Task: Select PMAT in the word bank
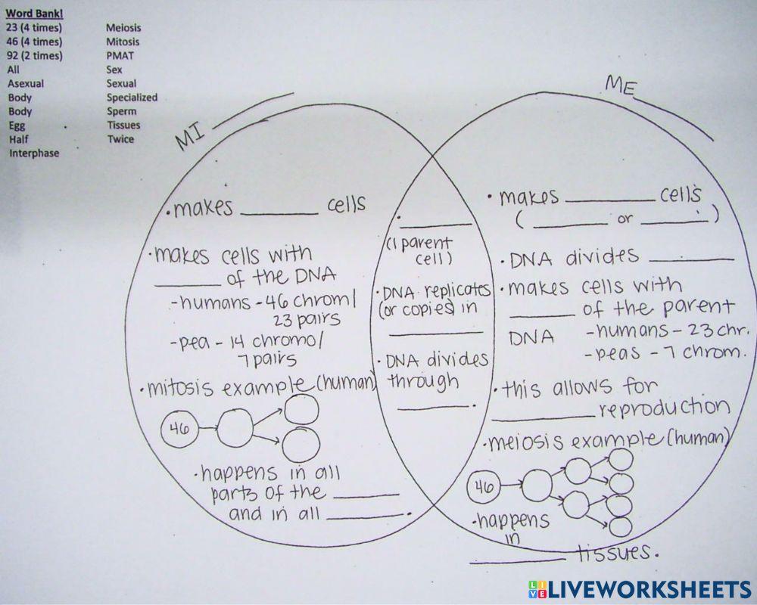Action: [120, 55]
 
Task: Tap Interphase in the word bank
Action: [34, 153]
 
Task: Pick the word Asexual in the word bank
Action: [26, 83]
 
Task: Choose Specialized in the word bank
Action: [132, 98]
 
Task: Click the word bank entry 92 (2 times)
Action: [35, 55]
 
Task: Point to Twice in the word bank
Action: [120, 139]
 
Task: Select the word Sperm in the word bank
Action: [122, 111]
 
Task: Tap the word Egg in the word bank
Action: [17, 126]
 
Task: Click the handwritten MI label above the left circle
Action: [189, 136]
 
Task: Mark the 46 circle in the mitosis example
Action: [179, 428]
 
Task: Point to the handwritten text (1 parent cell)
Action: [419, 251]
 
